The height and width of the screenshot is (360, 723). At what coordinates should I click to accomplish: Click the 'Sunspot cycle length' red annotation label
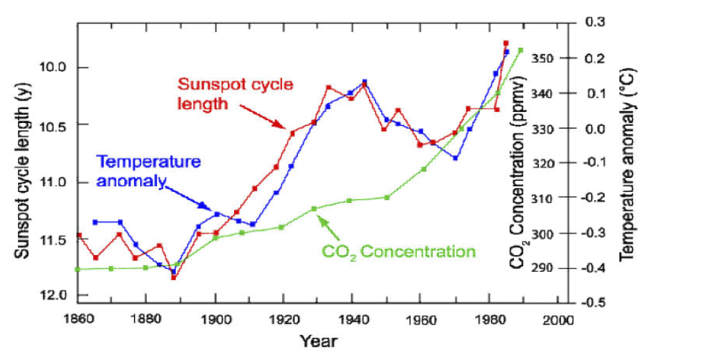pyautogui.click(x=235, y=94)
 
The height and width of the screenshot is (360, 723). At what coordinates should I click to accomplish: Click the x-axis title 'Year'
pyautogui.click(x=319, y=341)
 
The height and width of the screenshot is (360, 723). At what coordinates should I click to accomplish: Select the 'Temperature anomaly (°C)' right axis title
pyautogui.click(x=627, y=164)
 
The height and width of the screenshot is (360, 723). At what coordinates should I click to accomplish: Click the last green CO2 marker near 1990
pyautogui.click(x=521, y=50)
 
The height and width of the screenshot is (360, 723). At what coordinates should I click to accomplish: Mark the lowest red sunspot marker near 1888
pyautogui.click(x=173, y=277)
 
